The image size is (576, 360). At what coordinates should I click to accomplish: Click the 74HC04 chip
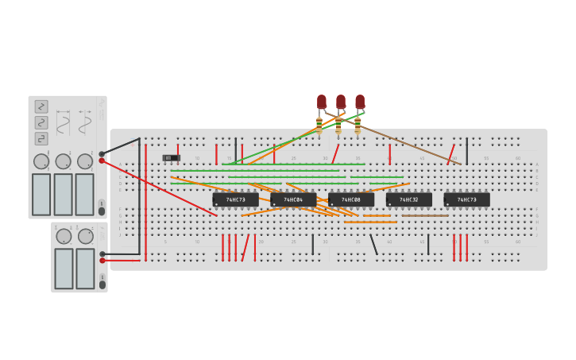click(293, 199)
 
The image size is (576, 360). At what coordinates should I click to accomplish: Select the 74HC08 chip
click(351, 199)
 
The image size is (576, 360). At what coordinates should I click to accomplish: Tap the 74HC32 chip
click(409, 199)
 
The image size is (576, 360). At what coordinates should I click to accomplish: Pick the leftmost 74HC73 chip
click(235, 199)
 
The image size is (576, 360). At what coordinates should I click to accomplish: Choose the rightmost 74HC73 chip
click(467, 199)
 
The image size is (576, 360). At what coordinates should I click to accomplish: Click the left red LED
click(322, 102)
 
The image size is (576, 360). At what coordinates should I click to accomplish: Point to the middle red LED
click(341, 102)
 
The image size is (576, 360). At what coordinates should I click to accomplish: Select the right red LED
click(360, 102)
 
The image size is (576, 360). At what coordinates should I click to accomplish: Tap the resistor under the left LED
click(319, 125)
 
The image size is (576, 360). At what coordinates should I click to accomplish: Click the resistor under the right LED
click(358, 125)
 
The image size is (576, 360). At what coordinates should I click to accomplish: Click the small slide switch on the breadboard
click(171, 158)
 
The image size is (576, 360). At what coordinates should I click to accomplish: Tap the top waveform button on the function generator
click(41, 106)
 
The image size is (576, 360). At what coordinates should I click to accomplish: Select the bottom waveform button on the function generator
click(41, 138)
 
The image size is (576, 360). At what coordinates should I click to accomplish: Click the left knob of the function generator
click(41, 161)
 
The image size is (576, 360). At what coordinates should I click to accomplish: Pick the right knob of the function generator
click(85, 161)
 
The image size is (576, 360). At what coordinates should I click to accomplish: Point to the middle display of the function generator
click(63, 194)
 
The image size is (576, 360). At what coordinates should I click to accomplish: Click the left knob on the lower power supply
click(64, 236)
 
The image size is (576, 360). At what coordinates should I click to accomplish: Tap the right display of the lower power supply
click(85, 269)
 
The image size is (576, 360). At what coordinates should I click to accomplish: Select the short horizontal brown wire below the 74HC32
click(425, 215)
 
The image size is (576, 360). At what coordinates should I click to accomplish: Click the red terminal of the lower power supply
click(102, 260)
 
